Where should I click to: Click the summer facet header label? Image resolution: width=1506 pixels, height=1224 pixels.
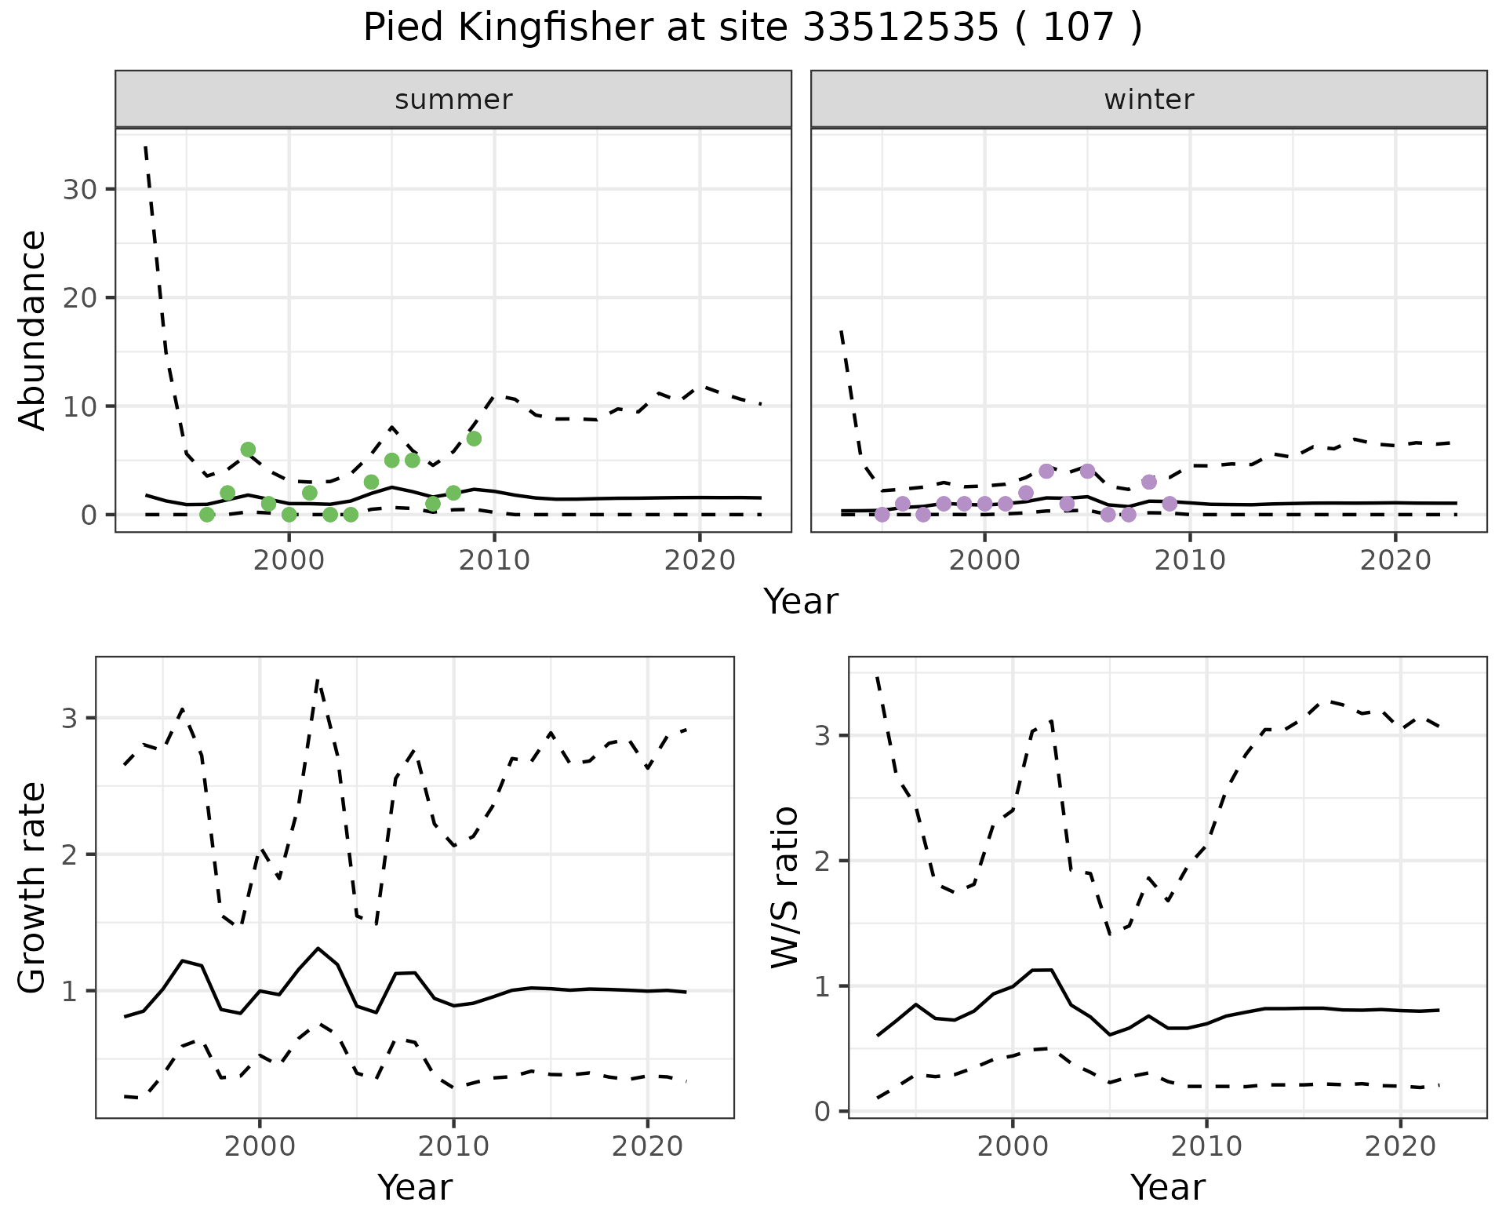point(453,100)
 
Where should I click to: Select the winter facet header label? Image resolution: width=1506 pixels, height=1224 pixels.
point(1148,100)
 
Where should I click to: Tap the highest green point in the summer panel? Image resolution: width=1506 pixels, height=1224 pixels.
point(474,439)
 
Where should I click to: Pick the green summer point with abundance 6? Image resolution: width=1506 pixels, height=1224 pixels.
point(248,450)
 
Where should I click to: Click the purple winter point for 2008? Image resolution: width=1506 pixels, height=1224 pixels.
point(1149,482)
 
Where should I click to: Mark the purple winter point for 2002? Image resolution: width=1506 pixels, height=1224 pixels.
point(1026,493)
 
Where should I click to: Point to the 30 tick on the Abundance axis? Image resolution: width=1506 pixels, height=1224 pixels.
point(79,189)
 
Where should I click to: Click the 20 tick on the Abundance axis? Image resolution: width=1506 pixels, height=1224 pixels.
point(79,297)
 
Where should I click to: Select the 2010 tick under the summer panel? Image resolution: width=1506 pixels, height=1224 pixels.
point(494,560)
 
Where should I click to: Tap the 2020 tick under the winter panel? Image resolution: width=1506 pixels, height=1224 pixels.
point(1395,560)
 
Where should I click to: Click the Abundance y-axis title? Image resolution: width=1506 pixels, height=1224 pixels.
point(33,330)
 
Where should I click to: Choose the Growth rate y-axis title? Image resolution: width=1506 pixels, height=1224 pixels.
point(33,887)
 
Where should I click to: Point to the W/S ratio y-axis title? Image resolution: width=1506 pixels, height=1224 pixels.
point(785,887)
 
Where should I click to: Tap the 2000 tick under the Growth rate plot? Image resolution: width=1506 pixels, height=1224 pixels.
point(260,1146)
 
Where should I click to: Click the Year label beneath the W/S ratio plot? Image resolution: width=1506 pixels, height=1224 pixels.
point(1167,1188)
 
